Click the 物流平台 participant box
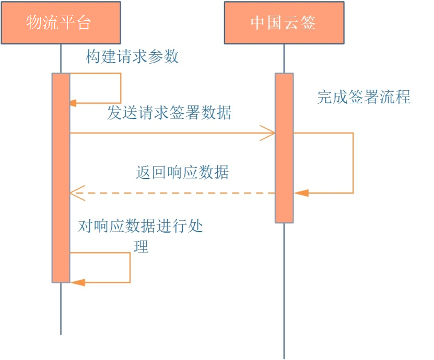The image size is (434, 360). pyautogui.click(x=60, y=22)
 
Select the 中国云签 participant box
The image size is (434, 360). pyautogui.click(x=284, y=22)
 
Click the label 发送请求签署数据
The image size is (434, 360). pyautogui.click(x=169, y=113)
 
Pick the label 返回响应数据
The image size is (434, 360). pyautogui.click(x=182, y=173)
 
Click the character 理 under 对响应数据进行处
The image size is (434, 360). pyautogui.click(x=141, y=247)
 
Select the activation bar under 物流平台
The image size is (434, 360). pyautogui.click(x=61, y=177)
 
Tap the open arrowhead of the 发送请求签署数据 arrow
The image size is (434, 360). pyautogui.click(x=268, y=133)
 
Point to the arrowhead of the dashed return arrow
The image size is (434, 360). pyautogui.click(x=76, y=193)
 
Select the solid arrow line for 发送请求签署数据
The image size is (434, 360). pyautogui.click(x=167, y=133)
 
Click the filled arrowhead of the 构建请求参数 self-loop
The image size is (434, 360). pyautogui.click(x=73, y=103)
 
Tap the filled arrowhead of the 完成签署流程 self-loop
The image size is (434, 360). pyautogui.click(x=301, y=193)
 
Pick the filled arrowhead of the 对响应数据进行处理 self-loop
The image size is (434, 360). pyautogui.click(x=77, y=282)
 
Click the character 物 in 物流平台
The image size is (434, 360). pyautogui.click(x=34, y=23)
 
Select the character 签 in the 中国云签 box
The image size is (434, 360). pyautogui.click(x=308, y=23)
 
